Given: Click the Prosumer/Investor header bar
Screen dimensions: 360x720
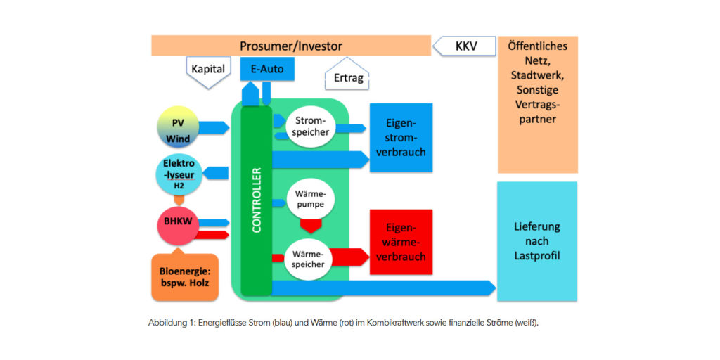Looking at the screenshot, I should click(x=290, y=46).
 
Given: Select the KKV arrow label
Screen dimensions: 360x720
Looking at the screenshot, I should click(x=464, y=46).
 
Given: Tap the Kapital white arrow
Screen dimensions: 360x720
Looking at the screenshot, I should click(x=208, y=70).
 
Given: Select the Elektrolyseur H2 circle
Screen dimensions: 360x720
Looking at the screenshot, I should click(x=179, y=174).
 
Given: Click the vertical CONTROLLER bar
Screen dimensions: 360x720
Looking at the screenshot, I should click(x=256, y=200).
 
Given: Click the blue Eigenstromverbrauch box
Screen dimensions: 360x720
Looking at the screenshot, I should click(x=401, y=138).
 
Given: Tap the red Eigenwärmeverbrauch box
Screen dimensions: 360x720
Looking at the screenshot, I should click(x=401, y=242).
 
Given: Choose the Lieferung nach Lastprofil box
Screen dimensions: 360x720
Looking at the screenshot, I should click(x=537, y=241).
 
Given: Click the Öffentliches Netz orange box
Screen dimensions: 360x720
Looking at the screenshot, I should click(x=537, y=103).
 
